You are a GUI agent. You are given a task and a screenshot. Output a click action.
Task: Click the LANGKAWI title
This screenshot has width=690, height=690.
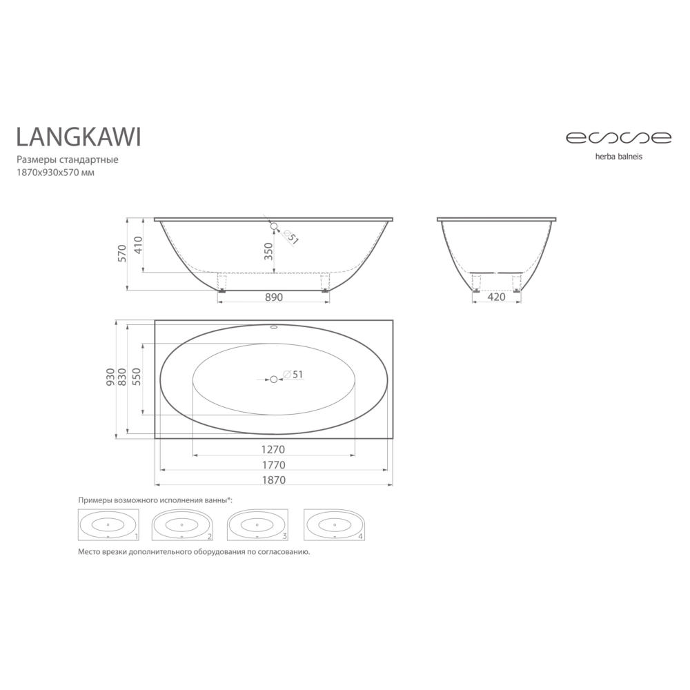coord(79,137)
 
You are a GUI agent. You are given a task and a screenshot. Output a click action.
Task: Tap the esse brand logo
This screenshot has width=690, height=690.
coord(618,138)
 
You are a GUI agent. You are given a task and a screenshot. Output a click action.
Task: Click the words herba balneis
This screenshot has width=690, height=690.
coord(618,157)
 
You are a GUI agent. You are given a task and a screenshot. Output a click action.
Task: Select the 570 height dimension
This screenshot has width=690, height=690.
coord(122,253)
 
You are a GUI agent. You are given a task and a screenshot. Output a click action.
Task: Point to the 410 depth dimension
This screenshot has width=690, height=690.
coord(138,245)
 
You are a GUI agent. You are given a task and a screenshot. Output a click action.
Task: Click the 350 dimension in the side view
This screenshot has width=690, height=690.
coord(268,251)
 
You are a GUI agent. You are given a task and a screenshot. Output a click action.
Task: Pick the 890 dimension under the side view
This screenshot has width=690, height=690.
coord(274,297)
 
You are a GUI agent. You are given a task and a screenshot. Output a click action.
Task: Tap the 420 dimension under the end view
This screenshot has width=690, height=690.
coord(496,297)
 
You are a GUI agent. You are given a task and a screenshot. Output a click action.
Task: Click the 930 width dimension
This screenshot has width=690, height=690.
coord(110,377)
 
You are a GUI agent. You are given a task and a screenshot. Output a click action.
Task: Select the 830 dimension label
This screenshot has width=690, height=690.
coord(122,377)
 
